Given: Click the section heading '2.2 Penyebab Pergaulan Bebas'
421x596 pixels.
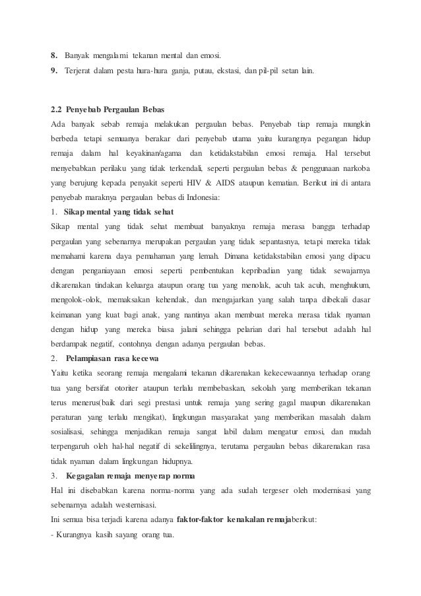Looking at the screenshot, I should [108, 108].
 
